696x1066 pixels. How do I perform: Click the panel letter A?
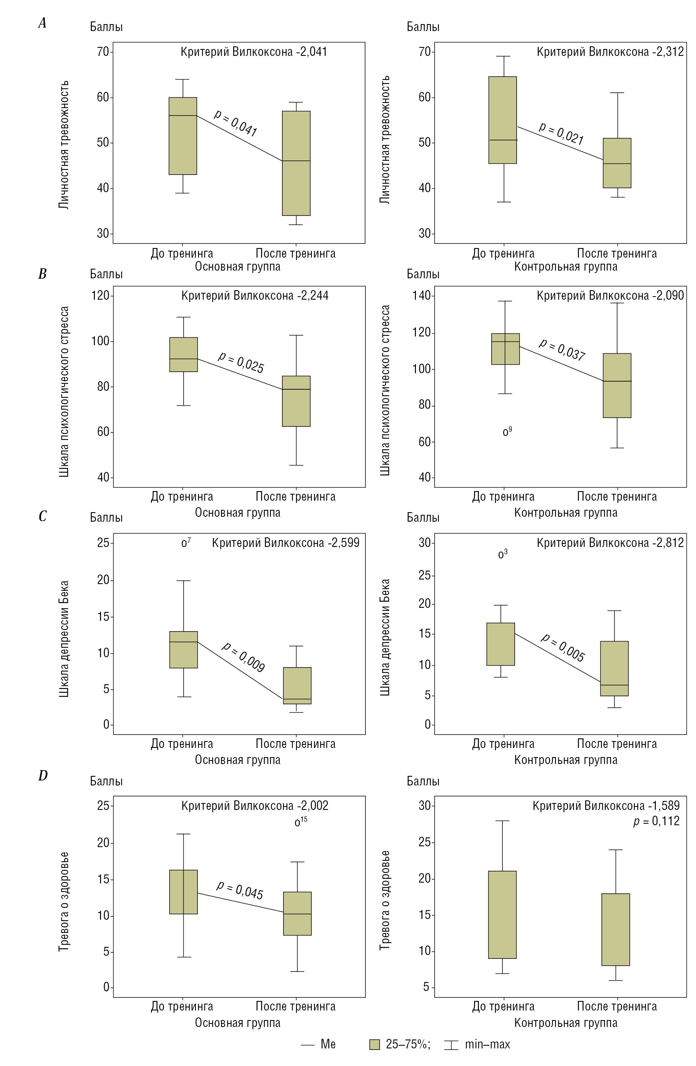point(42,23)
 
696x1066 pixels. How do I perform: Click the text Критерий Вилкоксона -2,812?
point(610,543)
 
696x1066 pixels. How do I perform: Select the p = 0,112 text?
point(656,821)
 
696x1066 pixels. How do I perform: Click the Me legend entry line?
point(308,1045)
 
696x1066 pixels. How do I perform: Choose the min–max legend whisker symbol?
point(451,1045)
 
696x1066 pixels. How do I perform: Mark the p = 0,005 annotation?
point(563,647)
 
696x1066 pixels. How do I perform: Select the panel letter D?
point(42,776)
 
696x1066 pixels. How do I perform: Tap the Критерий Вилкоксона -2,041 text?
point(254,52)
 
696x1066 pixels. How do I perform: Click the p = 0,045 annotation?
point(240,890)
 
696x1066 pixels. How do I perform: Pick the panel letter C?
point(42,516)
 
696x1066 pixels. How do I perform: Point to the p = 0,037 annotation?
point(562,350)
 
